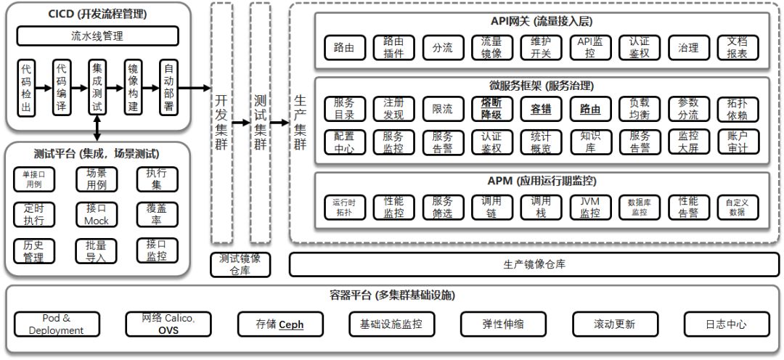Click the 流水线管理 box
[x=97, y=36]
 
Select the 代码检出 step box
[x=27, y=88]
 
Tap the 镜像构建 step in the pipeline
[x=133, y=88]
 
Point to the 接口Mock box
[x=96, y=214]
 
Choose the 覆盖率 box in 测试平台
[x=157, y=214]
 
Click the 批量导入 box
[x=96, y=251]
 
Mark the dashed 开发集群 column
[x=221, y=123]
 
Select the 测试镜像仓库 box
[x=240, y=265]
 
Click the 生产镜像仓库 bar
[x=534, y=265]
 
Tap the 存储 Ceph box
[x=279, y=324]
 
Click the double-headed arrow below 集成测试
[x=97, y=127]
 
